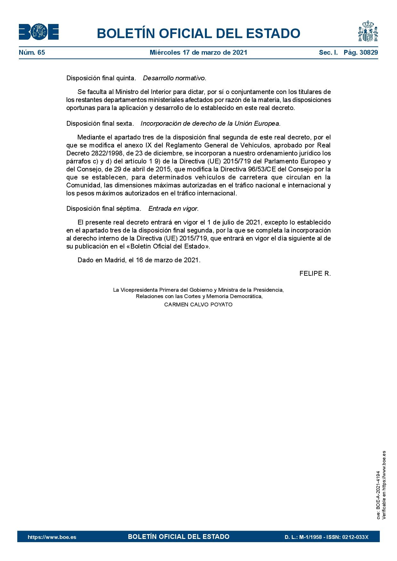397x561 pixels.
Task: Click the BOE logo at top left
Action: tap(38, 32)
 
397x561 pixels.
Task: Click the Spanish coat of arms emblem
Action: tap(368, 31)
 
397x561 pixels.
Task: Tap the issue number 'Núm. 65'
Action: tap(32, 52)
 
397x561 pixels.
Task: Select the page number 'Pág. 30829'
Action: tap(361, 52)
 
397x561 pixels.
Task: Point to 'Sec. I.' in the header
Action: tap(328, 52)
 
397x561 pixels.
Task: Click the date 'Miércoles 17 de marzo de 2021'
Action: tap(199, 52)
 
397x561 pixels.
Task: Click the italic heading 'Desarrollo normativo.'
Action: tap(174, 78)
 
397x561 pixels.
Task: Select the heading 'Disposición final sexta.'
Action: tap(100, 123)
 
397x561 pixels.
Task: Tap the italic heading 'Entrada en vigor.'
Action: tap(174, 209)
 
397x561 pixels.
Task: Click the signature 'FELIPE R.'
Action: tap(315, 273)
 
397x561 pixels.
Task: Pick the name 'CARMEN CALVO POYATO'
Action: tap(198, 304)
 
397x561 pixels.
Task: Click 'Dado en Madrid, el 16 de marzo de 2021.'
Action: tap(139, 260)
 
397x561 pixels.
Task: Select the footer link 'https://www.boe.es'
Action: tap(52, 537)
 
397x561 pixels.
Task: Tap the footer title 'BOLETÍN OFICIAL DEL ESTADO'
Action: tap(179, 537)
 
